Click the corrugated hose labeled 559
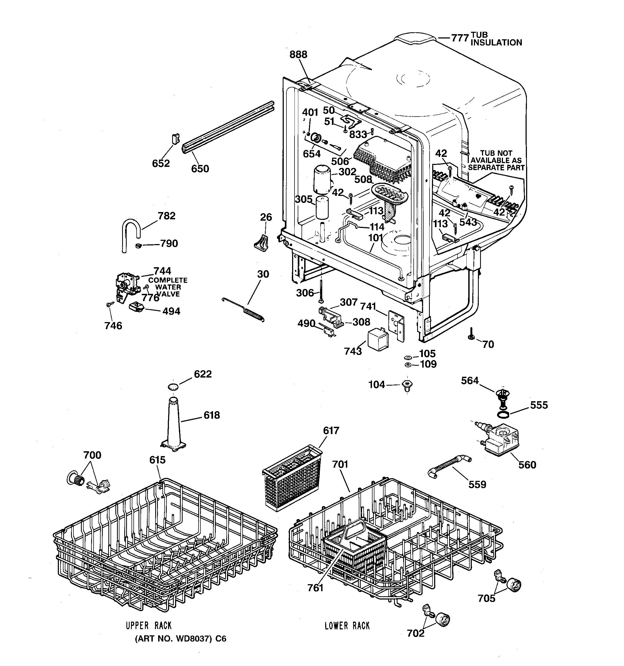tap(449, 466)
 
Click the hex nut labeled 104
tap(407, 385)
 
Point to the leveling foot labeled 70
tap(471, 336)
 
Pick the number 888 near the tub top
tap(298, 55)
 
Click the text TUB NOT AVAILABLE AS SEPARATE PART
tap(496, 160)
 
